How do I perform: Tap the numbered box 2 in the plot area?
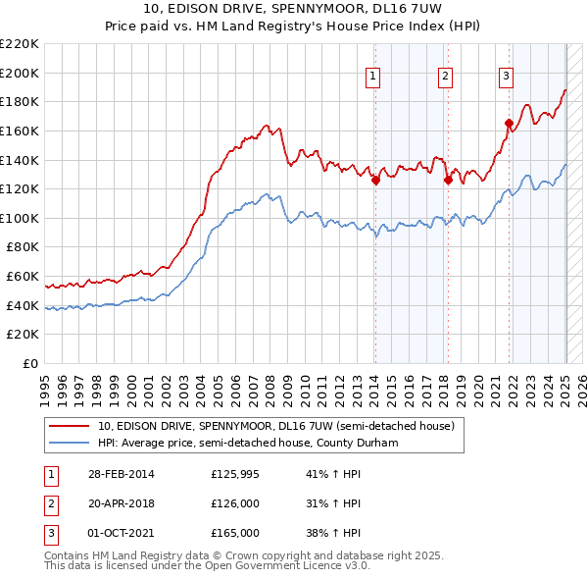(445, 78)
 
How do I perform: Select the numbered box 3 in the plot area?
(506, 78)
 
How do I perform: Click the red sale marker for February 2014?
(375, 180)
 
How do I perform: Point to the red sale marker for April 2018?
(448, 180)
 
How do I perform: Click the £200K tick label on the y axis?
(22, 73)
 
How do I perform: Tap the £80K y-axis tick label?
(24, 247)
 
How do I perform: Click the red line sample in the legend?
(69, 427)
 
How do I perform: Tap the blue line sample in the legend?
(69, 444)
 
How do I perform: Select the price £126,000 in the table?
(235, 504)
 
